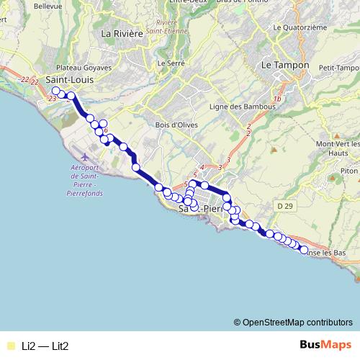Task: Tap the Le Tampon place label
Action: point(285,65)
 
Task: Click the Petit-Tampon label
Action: point(333,68)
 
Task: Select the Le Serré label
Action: point(171,63)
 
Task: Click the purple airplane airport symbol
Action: point(86,156)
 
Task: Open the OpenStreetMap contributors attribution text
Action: point(297,322)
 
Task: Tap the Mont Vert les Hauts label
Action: point(338,148)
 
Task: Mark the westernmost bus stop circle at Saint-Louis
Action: point(55,91)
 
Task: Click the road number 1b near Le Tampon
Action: point(276,99)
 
